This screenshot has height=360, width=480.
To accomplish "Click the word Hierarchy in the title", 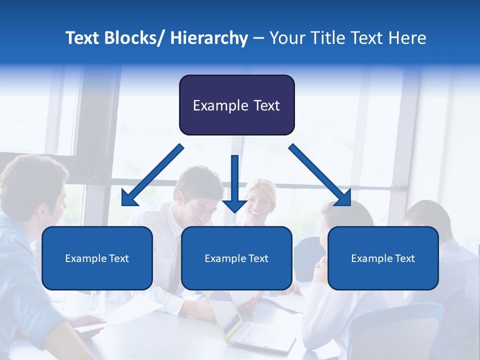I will tap(209, 38).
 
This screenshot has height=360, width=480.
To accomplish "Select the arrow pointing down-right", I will tap(320, 175).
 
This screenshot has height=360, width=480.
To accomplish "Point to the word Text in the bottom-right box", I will tap(404, 258).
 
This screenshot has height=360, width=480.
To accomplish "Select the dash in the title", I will tap(258, 38).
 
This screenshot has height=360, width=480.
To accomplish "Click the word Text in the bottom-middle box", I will tap(258, 258).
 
